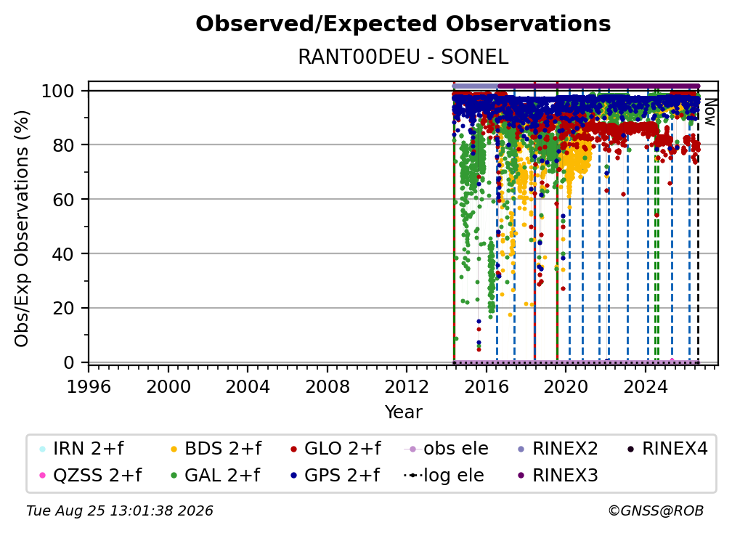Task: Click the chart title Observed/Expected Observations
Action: pyautogui.click(x=403, y=24)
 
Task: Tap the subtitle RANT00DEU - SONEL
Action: pyautogui.click(x=403, y=57)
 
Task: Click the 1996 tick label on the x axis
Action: pyautogui.click(x=89, y=387)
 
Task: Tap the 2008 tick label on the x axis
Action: pyautogui.click(x=328, y=387)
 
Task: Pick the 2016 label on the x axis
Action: pyautogui.click(x=487, y=387)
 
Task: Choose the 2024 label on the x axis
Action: pyautogui.click(x=646, y=387)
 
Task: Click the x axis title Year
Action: pyautogui.click(x=403, y=412)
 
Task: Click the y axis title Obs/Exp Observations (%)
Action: pyautogui.click(x=22, y=229)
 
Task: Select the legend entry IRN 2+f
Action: pyautogui.click(x=82, y=449)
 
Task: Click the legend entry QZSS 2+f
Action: pyautogui.click(x=91, y=476)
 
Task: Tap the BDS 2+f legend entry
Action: pyautogui.click(x=216, y=449)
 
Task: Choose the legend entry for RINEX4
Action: pyautogui.click(x=667, y=449)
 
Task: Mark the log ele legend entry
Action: pyautogui.click(x=444, y=476)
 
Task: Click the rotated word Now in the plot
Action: pyautogui.click(x=709, y=112)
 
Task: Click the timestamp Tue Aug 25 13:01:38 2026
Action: pyautogui.click(x=120, y=511)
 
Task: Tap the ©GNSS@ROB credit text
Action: pyautogui.click(x=656, y=511)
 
